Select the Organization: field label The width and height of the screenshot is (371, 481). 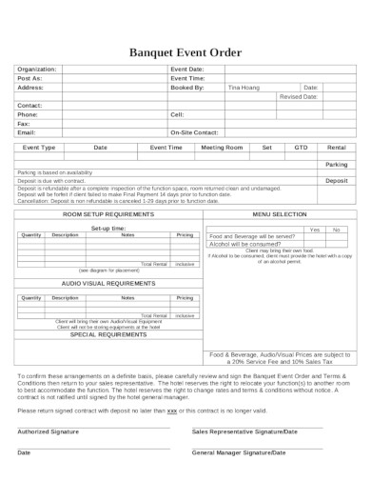point(37,70)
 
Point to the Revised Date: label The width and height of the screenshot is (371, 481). point(298,96)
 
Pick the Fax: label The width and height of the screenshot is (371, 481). point(24,123)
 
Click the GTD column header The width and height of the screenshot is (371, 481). point(302,148)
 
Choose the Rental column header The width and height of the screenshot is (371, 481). point(336,148)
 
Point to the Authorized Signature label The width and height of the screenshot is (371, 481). point(48,431)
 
